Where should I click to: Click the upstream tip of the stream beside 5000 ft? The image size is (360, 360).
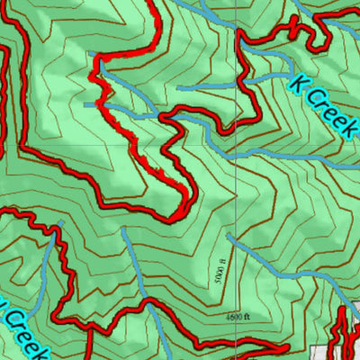[x=229, y=236]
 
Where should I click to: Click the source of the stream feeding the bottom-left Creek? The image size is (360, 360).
[x=61, y=221]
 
